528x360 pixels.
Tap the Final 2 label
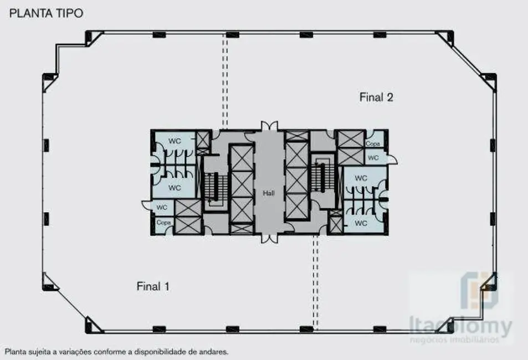[x=376, y=97]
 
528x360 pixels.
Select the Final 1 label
[x=152, y=286]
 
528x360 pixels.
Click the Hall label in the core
[x=269, y=193]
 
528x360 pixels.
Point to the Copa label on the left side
[x=163, y=222]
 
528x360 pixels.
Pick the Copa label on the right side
[x=372, y=144]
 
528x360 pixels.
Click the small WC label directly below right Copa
[x=373, y=158]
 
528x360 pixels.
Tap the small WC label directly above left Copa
[x=162, y=208]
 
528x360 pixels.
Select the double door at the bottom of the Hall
[x=269, y=238]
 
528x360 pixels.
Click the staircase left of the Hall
[x=211, y=187]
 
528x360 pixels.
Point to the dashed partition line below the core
[x=315, y=282]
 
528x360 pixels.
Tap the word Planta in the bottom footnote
[x=16, y=351]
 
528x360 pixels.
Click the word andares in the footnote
[x=213, y=351]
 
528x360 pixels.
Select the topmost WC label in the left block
[x=175, y=141]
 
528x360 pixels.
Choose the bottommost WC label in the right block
[x=361, y=224]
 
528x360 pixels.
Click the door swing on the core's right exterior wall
[x=392, y=161]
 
